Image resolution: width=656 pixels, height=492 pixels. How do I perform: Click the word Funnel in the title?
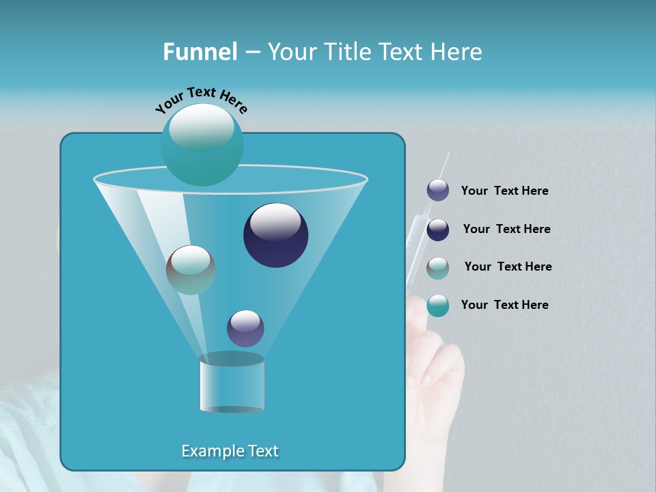point(200,52)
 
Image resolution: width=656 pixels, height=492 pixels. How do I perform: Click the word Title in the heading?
point(345,52)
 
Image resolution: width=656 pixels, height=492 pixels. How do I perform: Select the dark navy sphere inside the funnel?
point(275,234)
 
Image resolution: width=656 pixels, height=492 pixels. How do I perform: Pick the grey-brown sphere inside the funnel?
point(191,269)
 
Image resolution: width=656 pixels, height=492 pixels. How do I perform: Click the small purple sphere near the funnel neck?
point(245,328)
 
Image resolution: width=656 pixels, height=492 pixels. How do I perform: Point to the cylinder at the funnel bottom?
point(232,384)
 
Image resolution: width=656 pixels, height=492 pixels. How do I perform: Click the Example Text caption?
point(230,451)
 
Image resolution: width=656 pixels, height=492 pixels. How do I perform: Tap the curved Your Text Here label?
point(202,99)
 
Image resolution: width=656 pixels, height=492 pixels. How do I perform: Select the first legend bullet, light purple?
point(438,191)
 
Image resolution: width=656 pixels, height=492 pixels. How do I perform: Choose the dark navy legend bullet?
point(438,230)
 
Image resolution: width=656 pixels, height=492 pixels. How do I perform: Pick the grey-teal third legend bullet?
point(438,268)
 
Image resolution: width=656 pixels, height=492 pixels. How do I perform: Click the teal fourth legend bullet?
point(438,305)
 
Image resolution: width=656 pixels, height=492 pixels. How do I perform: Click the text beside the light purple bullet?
point(504,191)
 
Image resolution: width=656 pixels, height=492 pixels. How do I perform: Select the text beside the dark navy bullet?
point(506,230)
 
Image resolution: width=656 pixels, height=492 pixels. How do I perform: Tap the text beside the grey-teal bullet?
point(508,267)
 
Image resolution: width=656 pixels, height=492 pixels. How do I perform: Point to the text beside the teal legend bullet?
point(504,305)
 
